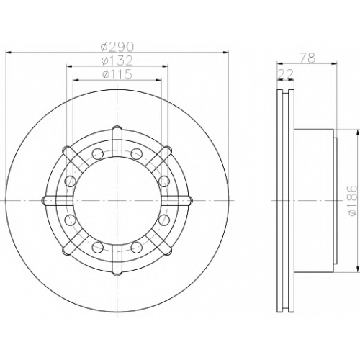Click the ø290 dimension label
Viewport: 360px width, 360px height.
pos(117,47)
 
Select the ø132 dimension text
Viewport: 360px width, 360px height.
pos(117,60)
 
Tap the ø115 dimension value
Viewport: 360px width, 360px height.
pos(117,74)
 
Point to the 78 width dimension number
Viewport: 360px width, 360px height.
pos(307,58)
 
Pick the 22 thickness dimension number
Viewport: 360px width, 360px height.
pos(285,74)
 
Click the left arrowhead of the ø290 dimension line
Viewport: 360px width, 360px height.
pos(8,52)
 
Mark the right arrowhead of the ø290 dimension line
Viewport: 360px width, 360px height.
pos(226,52)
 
